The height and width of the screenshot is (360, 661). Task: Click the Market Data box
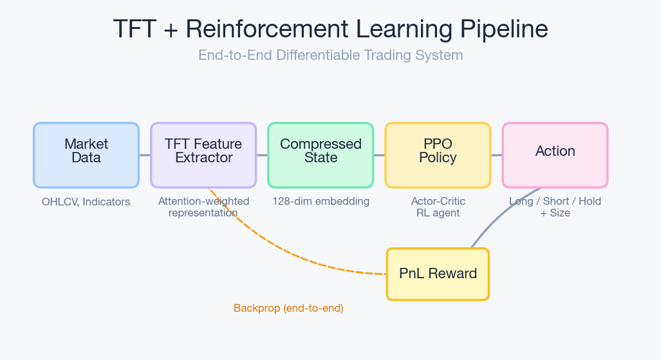[x=86, y=155]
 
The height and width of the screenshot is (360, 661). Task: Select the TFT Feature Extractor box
[x=203, y=155]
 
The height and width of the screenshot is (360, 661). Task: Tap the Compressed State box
[x=321, y=155]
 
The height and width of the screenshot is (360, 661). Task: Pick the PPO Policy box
[x=438, y=155]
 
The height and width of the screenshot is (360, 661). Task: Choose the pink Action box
[x=555, y=155]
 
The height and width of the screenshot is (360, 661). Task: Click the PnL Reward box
[x=438, y=274]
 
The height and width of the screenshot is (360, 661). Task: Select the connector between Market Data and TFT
[x=145, y=155]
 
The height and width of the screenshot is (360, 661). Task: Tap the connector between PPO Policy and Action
[x=496, y=155]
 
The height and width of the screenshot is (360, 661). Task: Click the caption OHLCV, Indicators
[x=86, y=202]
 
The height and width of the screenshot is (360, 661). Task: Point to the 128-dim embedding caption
[x=321, y=202]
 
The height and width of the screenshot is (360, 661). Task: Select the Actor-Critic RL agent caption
[x=438, y=207]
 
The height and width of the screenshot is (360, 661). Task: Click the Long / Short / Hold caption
[x=555, y=202]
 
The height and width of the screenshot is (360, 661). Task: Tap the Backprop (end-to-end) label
[x=288, y=308]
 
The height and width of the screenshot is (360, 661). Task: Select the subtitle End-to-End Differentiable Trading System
[x=330, y=55]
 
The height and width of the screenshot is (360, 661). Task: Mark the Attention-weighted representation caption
[x=203, y=207]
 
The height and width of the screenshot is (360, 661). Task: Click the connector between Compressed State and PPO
[x=379, y=155]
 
